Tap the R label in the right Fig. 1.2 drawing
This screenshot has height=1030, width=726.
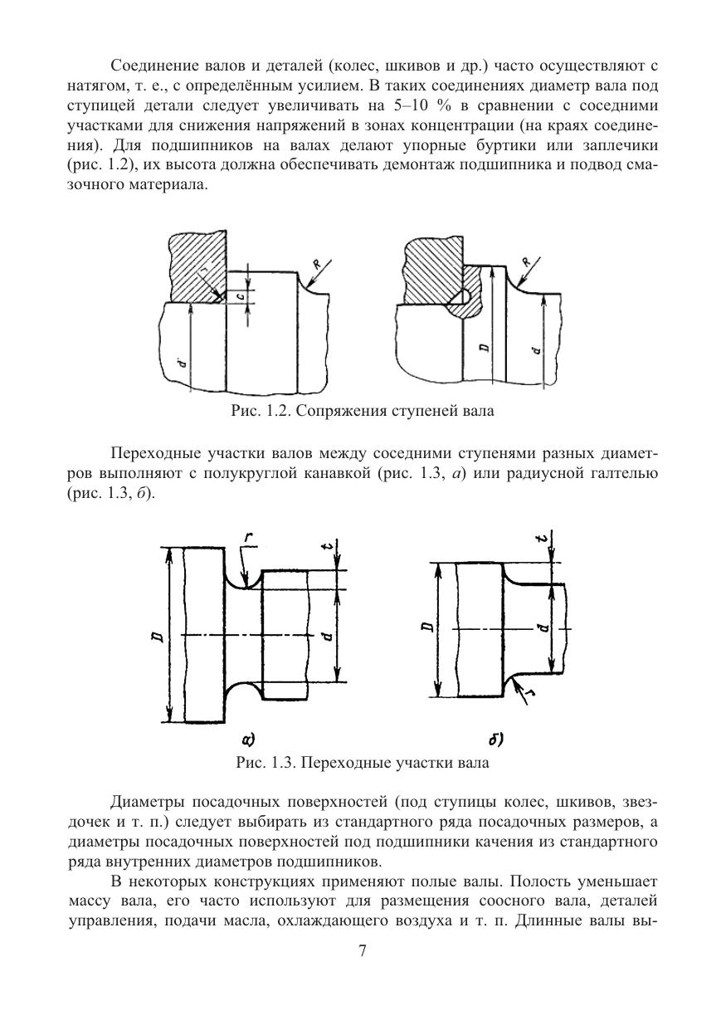tap(526, 262)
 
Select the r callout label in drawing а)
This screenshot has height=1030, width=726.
tap(249, 539)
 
